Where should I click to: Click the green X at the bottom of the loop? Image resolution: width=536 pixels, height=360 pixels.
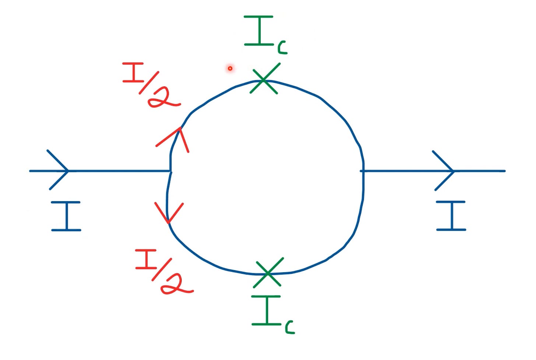coord(268,273)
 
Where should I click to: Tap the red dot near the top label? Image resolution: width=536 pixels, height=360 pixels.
coord(230,68)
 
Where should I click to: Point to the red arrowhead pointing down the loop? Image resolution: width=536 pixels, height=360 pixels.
coord(169,214)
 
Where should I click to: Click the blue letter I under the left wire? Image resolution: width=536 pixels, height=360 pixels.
coord(66,216)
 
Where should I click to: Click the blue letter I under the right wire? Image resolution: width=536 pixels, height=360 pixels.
coord(451,216)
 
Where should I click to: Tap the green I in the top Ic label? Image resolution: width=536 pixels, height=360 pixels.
coord(259,31)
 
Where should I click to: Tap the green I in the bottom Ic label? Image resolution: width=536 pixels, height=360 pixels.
coord(266,310)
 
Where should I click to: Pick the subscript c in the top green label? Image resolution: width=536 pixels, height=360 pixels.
coord(282,48)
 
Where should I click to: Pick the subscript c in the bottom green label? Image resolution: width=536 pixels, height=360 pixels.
coord(290,327)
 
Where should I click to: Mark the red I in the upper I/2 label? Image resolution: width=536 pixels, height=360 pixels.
coord(134,73)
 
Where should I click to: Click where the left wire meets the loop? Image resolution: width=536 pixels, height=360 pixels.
coord(170,171)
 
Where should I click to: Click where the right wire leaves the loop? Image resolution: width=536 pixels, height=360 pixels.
coord(363,171)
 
